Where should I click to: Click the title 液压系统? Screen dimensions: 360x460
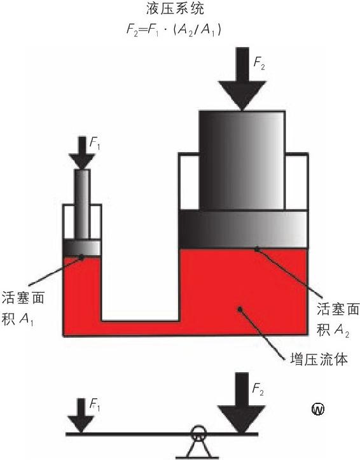pyautogui.click(x=175, y=8)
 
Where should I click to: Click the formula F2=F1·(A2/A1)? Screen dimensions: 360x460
pyautogui.click(x=174, y=30)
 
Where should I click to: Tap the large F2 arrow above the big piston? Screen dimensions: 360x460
pyautogui.click(x=242, y=79)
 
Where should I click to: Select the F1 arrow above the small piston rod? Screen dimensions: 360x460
pyautogui.click(x=82, y=153)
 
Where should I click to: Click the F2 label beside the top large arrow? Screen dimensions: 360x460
pyautogui.click(x=259, y=64)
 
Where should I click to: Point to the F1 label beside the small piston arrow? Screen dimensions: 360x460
pyautogui.click(x=94, y=144)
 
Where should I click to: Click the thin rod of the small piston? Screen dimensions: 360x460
pyautogui.click(x=82, y=204)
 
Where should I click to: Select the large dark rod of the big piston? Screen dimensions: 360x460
pyautogui.click(x=242, y=160)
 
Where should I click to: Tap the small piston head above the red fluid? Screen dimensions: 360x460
pyautogui.click(x=83, y=248)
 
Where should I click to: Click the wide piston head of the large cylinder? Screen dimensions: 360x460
pyautogui.click(x=244, y=229)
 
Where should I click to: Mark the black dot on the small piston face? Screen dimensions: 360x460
pyautogui.click(x=81, y=257)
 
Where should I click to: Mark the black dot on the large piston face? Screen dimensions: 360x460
pyautogui.click(x=257, y=249)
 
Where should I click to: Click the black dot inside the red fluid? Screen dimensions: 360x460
pyautogui.click(x=240, y=309)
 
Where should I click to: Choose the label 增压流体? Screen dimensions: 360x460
pyautogui.click(x=319, y=359)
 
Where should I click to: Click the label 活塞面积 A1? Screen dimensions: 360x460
pyautogui.click(x=23, y=308)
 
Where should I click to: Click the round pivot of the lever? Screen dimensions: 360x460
pyautogui.click(x=198, y=433)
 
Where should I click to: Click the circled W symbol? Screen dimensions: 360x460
pyautogui.click(x=318, y=408)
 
